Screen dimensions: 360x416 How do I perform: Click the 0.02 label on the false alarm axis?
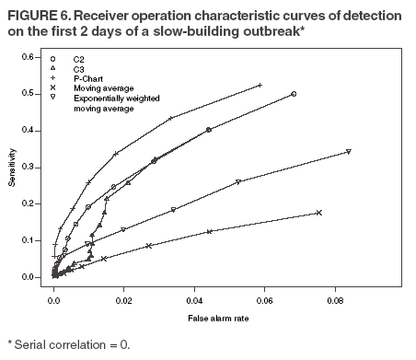click(124, 299)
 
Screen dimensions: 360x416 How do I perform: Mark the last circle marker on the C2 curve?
click(294, 94)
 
